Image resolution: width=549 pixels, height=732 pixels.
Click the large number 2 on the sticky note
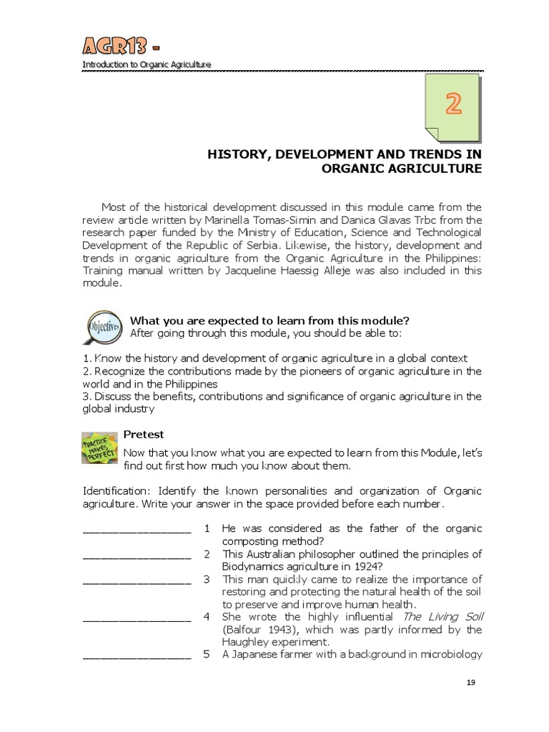click(x=453, y=105)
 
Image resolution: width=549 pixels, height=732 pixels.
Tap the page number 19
click(x=470, y=683)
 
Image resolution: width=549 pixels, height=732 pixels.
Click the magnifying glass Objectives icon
click(x=103, y=327)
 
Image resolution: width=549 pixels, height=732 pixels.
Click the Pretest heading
click(x=144, y=434)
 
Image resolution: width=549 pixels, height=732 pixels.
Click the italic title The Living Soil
click(x=433, y=616)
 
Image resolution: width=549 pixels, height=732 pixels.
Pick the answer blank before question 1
click(x=137, y=530)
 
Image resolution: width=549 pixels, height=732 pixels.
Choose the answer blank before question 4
click(x=137, y=618)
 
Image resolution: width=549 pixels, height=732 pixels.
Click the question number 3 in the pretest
click(x=206, y=579)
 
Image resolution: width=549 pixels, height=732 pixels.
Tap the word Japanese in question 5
click(x=255, y=654)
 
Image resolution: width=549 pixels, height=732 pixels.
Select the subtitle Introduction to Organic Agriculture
click(x=147, y=65)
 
